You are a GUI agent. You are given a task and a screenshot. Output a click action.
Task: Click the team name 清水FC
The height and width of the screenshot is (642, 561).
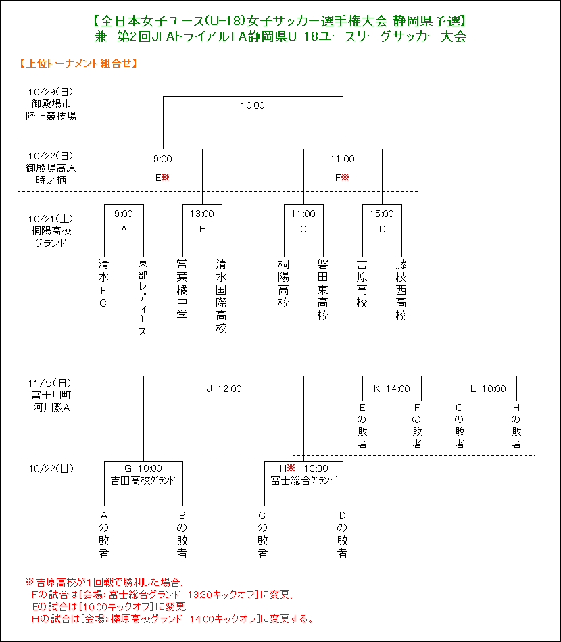[103, 283]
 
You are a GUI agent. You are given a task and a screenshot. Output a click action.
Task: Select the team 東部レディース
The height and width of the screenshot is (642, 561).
[143, 297]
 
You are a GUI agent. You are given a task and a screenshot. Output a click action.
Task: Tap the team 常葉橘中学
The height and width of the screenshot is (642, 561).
[182, 289]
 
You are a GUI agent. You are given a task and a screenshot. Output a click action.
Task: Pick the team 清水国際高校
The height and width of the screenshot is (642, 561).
[221, 295]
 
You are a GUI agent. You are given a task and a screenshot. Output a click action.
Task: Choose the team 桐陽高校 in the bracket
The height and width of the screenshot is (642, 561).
[283, 283]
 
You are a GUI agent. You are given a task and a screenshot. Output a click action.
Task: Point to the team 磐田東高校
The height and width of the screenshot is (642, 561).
[322, 289]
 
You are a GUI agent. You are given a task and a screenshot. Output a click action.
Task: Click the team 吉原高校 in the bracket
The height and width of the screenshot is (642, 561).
[362, 283]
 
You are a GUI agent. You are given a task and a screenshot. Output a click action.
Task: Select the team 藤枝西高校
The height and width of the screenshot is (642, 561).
[401, 289]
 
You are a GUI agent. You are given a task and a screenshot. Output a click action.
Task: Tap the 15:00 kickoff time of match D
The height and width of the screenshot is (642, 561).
[382, 214]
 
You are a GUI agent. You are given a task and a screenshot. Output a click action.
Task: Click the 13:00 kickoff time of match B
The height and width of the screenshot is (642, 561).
[202, 214]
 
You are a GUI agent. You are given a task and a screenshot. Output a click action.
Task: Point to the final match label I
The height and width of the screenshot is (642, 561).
[253, 123]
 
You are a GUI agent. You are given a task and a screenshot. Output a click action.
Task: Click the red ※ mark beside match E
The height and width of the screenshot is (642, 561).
[166, 177]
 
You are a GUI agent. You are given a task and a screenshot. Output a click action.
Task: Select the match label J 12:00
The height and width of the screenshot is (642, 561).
[224, 389]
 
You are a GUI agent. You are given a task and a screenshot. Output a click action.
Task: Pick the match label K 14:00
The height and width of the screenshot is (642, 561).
[392, 389]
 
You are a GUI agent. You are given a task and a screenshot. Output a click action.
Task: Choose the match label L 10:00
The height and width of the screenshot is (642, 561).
[488, 389]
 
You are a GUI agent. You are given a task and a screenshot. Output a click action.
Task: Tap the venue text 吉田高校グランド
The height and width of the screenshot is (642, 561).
[144, 480]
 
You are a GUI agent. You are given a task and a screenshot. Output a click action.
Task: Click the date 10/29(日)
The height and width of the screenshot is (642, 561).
[51, 92]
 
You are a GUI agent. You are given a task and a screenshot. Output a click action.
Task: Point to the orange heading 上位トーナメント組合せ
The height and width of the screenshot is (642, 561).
[78, 63]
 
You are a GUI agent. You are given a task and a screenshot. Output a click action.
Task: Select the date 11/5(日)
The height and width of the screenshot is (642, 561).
[50, 383]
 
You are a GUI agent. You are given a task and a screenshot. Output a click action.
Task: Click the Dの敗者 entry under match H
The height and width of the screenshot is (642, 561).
[342, 535]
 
